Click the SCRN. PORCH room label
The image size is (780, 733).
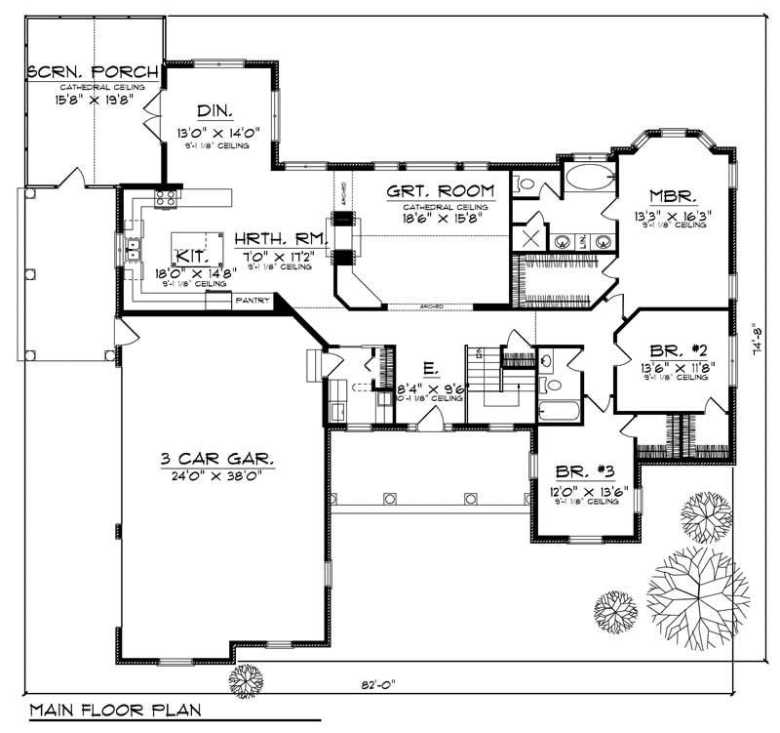tap(86, 72)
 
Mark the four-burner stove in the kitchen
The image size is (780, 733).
tap(165, 200)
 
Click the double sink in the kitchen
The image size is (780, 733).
tap(131, 252)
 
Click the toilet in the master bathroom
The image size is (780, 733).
tap(524, 182)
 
